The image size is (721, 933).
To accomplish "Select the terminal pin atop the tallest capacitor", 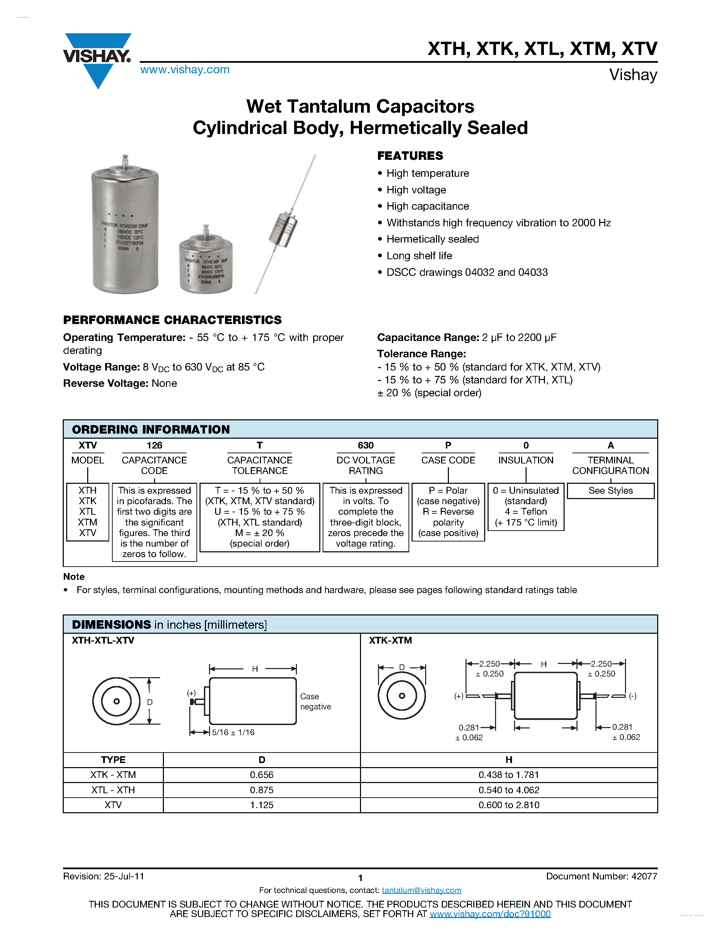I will point(125,162).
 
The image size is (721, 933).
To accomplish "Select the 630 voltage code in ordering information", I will point(366,445).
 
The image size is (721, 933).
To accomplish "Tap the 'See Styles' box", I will point(610,491).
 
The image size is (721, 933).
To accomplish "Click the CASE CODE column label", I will point(448,460).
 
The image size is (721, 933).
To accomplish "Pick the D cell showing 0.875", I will point(261,790).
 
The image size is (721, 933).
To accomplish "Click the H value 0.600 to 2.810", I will point(509,805).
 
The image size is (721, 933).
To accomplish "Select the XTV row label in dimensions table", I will point(113,805).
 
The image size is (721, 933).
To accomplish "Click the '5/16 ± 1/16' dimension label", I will point(233,732).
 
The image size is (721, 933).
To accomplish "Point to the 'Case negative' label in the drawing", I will point(315,702).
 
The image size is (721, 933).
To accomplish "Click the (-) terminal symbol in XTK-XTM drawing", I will point(632,696).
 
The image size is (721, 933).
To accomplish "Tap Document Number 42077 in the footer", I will point(602,876).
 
